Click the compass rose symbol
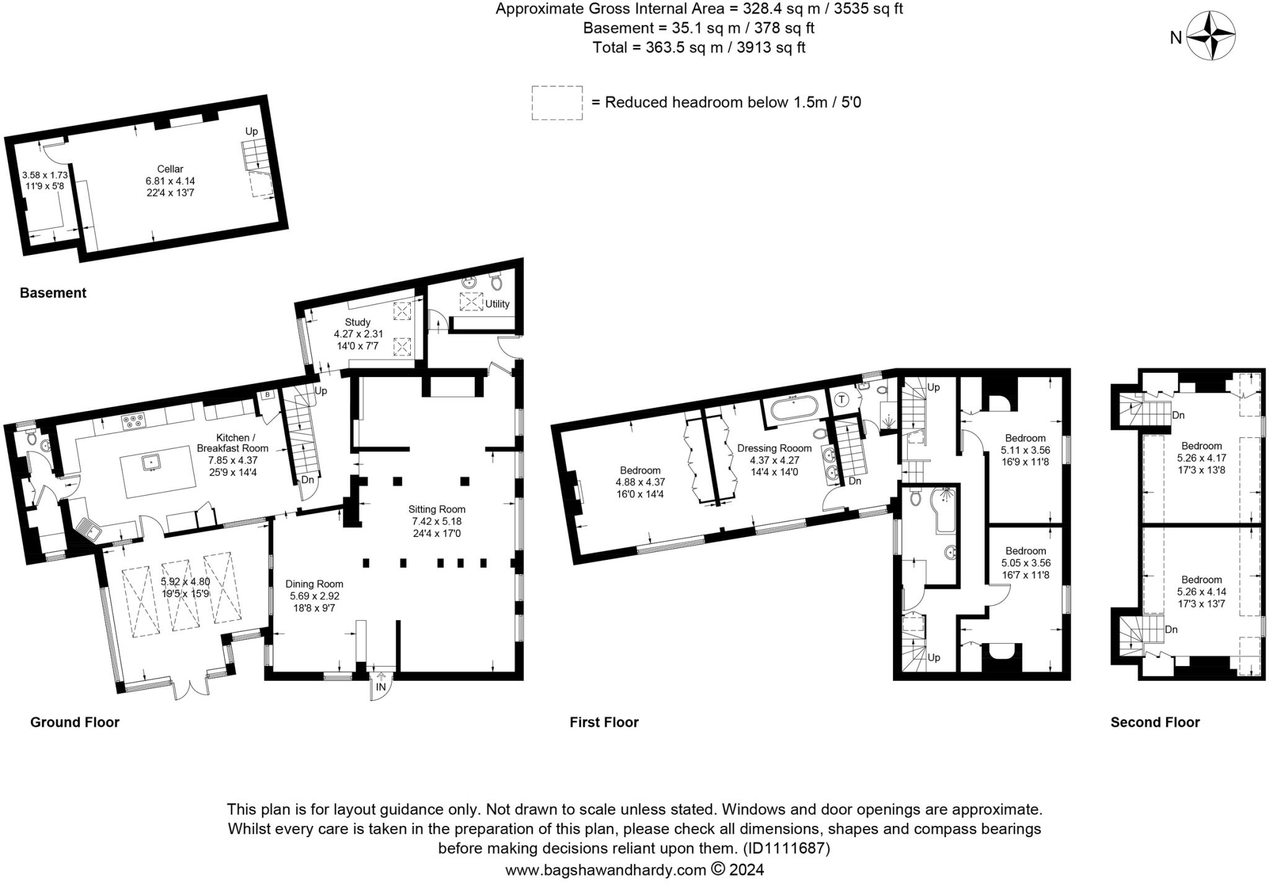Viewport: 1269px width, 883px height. [x=1211, y=37]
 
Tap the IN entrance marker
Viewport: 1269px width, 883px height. [x=380, y=687]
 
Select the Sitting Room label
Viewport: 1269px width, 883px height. [x=436, y=509]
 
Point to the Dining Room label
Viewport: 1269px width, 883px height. [x=314, y=583]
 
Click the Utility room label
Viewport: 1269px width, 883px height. [x=497, y=304]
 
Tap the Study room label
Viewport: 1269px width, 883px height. [x=358, y=322]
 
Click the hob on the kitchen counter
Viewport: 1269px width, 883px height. [x=133, y=422]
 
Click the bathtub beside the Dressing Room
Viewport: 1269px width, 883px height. [x=794, y=409]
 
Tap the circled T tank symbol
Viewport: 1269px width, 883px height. [x=841, y=399]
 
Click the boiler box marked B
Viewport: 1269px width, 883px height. [x=267, y=395]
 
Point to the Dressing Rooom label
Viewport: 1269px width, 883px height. [x=774, y=448]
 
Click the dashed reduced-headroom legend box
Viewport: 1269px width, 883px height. [x=556, y=102]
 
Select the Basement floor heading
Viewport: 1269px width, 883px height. [x=53, y=293]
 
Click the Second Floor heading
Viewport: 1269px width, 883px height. [x=1154, y=722]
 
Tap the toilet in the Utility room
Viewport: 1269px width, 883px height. [x=496, y=283]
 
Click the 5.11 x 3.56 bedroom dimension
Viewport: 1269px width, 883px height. [x=1025, y=450]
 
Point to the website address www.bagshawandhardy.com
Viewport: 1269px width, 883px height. [x=605, y=870]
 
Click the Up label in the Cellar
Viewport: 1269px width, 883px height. [x=251, y=131]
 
